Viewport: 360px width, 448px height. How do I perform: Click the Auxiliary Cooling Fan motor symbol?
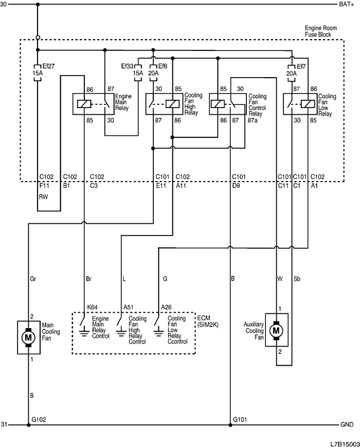tap(276, 329)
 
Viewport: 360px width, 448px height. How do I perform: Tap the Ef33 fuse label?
tap(128, 66)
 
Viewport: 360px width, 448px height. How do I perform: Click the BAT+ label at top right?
tap(346, 5)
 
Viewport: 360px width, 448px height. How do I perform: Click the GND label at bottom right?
tap(347, 425)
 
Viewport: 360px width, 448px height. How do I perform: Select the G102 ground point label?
tap(39, 419)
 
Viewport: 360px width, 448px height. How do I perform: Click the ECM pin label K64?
tap(93, 307)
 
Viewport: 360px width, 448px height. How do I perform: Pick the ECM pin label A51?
tap(129, 307)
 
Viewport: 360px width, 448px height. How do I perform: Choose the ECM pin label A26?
tap(166, 307)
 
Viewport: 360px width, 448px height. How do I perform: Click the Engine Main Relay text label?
tap(123, 101)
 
